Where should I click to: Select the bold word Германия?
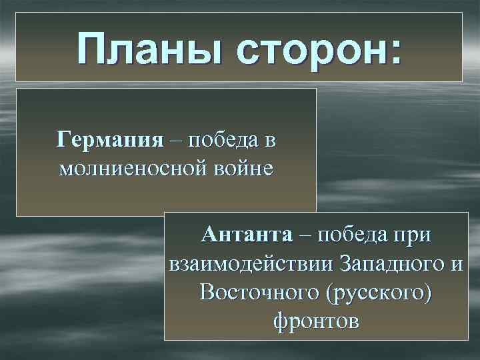tap(110, 141)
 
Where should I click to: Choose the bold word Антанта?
tap(247, 235)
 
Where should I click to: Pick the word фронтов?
tap(316, 321)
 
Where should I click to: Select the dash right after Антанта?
tap(305, 235)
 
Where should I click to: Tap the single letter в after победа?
tap(270, 141)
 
